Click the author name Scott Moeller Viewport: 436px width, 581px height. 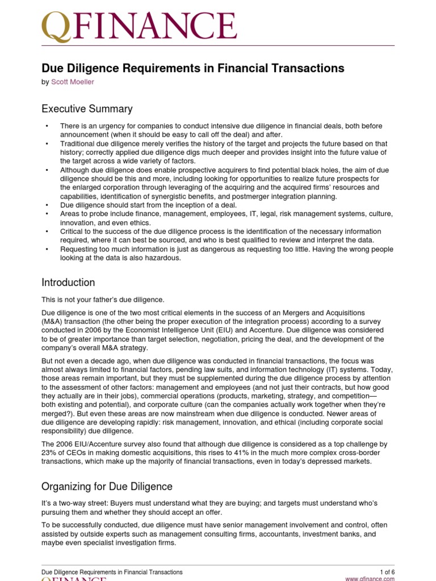coord(73,82)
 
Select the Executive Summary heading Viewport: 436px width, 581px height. coord(87,109)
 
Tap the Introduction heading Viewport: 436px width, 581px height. coord(68,283)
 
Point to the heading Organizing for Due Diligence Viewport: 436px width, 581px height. coord(107,487)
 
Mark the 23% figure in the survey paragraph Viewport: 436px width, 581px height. coord(49,452)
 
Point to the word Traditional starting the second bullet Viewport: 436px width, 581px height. coord(78,144)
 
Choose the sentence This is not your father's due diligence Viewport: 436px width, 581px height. coord(103,300)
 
